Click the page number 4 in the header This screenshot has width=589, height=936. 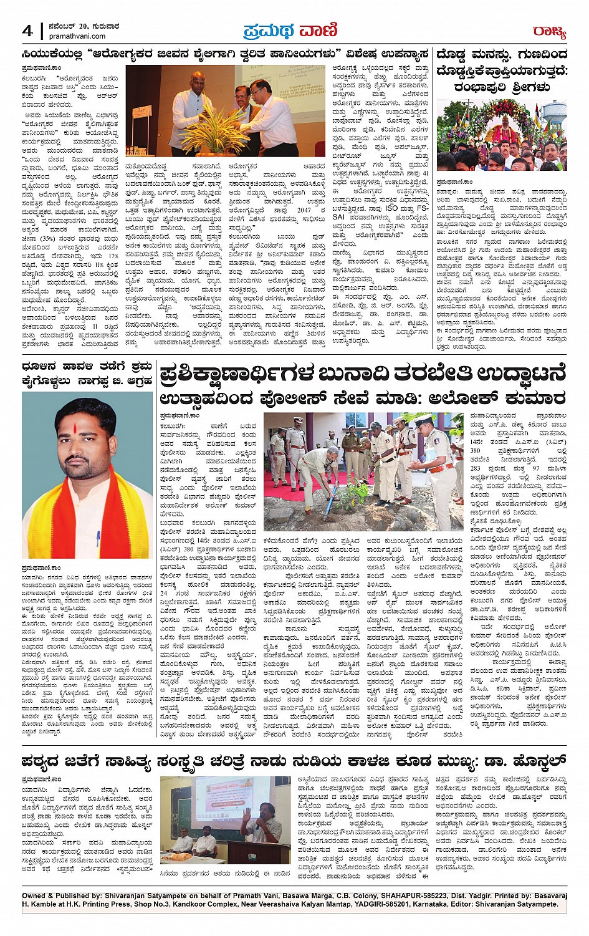(27, 31)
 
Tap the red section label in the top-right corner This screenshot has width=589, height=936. (548, 31)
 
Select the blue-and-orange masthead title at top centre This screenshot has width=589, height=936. (290, 30)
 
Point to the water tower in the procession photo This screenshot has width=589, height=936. (554, 116)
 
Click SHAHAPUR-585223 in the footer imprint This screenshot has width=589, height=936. (398, 895)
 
